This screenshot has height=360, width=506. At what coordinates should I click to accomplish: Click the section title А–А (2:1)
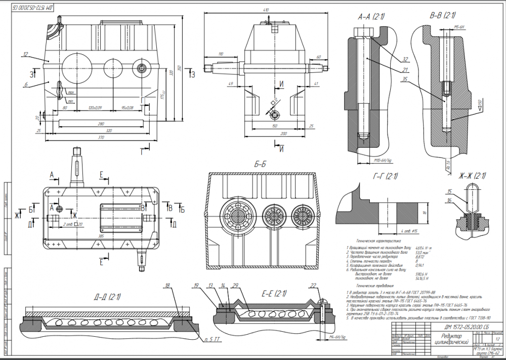[x=371, y=17]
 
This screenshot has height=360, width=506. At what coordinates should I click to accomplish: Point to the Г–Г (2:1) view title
[x=384, y=176]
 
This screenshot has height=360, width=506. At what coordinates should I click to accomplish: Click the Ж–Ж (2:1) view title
[x=472, y=176]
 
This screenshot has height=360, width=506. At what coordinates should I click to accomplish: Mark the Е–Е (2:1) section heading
[x=274, y=293]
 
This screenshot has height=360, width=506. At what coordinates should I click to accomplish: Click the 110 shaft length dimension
[x=220, y=54]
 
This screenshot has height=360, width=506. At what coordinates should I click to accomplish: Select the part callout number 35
[x=405, y=79]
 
